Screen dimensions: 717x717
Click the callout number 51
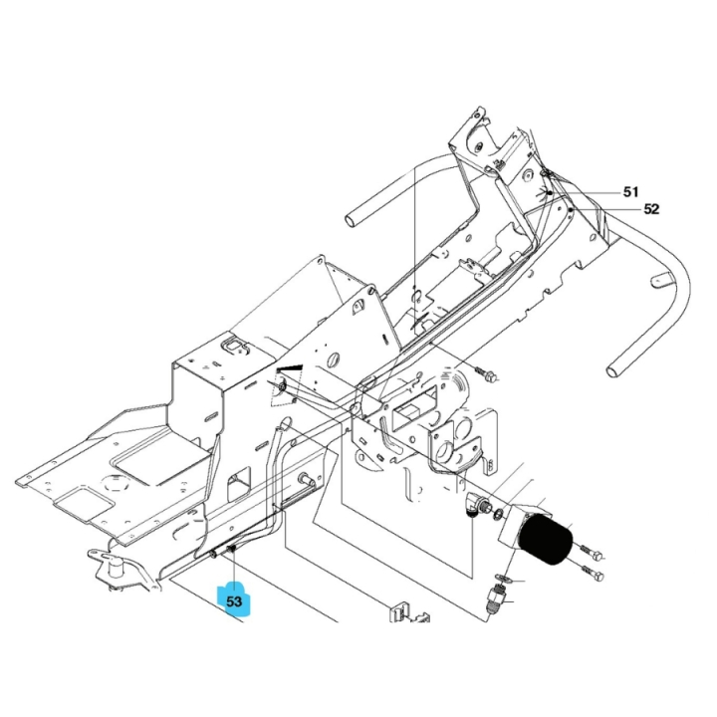pos(630,191)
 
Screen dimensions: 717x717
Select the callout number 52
pos(651,209)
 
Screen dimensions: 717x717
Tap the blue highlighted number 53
pos(235,601)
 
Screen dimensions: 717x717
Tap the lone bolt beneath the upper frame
pos(488,375)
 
